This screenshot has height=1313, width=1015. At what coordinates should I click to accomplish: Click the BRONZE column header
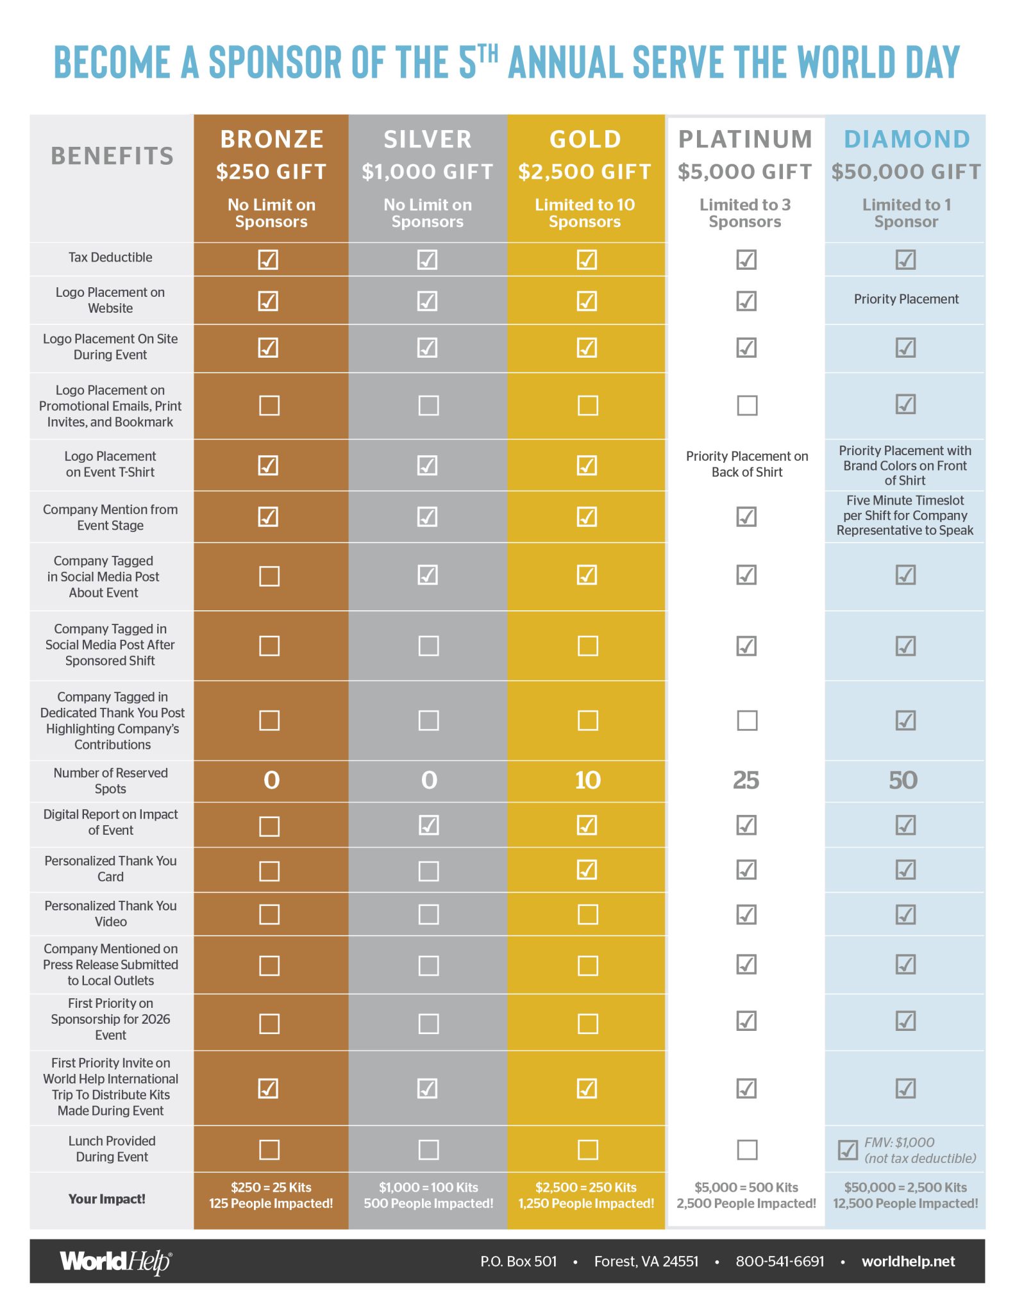(272, 139)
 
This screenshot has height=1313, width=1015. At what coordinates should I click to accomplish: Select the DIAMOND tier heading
(907, 139)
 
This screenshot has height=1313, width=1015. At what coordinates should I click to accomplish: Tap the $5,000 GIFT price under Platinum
(745, 172)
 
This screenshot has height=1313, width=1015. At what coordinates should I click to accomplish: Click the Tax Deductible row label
(110, 258)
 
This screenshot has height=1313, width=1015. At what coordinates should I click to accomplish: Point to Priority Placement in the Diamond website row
(906, 299)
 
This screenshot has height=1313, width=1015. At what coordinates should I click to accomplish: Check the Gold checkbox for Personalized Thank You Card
(587, 870)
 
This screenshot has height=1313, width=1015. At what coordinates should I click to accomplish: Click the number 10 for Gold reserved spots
(587, 780)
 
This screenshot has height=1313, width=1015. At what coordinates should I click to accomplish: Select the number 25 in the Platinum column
(746, 780)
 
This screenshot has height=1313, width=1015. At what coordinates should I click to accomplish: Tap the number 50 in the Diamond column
(903, 780)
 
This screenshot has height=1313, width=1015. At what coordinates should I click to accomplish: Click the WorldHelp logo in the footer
(116, 1261)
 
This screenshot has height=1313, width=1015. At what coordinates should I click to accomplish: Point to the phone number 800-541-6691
(780, 1262)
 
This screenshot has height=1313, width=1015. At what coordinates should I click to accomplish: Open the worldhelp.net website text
(908, 1262)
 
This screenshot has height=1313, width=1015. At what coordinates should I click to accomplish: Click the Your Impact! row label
(107, 1199)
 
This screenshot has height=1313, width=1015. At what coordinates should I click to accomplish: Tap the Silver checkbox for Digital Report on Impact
(428, 825)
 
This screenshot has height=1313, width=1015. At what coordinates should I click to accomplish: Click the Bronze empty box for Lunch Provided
(269, 1150)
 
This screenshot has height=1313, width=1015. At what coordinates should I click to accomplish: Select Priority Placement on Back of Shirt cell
(747, 464)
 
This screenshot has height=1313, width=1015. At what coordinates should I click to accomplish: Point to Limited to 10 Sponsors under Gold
(585, 213)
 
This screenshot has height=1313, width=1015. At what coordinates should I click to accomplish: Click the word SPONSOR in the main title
(275, 63)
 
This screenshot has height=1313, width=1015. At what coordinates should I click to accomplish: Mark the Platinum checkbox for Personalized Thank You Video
(746, 914)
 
